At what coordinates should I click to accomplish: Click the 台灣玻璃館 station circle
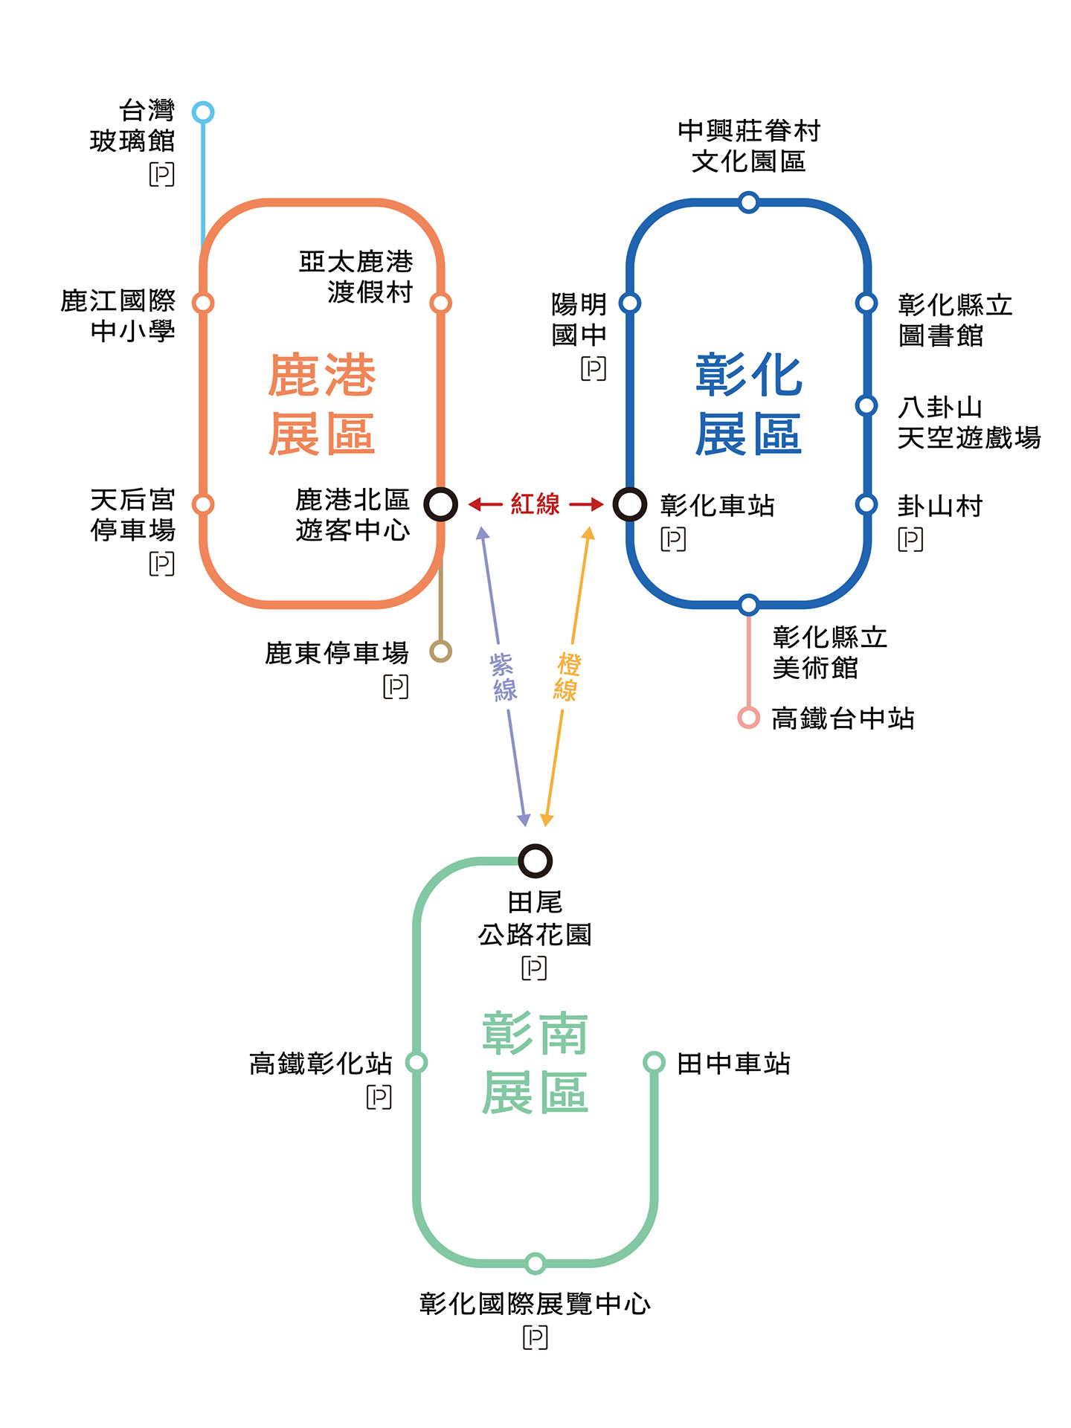click(x=203, y=112)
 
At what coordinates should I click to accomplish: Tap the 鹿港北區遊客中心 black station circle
click(x=440, y=504)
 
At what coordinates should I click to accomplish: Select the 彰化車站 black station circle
click(x=629, y=504)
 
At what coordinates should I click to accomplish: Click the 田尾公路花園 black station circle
click(x=535, y=861)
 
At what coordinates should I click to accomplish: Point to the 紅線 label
click(x=535, y=504)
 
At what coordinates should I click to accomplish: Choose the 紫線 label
click(x=504, y=677)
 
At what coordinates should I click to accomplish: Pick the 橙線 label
click(x=567, y=677)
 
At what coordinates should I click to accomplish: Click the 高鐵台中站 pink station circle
click(x=748, y=718)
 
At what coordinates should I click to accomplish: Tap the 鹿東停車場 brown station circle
click(x=440, y=652)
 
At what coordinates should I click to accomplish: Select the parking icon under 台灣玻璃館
click(x=161, y=174)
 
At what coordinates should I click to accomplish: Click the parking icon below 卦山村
click(x=910, y=538)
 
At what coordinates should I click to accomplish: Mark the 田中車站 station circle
click(x=654, y=1062)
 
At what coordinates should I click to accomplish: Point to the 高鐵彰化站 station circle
click(x=416, y=1062)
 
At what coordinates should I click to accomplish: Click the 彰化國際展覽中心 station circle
click(x=535, y=1263)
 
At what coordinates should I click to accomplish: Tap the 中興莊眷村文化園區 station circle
click(x=748, y=202)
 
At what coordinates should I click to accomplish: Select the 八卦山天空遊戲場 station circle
click(x=866, y=405)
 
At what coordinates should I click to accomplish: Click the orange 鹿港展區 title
click(x=321, y=405)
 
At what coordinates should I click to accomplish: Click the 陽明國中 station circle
click(x=630, y=303)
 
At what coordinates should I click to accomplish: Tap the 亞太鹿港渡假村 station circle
click(x=440, y=303)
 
